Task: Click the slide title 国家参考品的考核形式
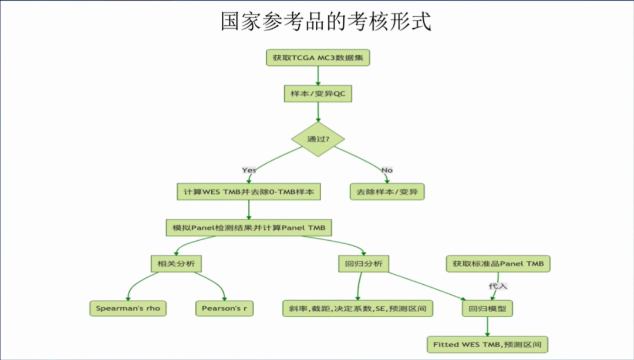(326, 21)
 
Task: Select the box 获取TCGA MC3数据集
(318, 58)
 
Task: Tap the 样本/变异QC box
(318, 94)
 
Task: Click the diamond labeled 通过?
(318, 139)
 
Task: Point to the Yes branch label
(249, 170)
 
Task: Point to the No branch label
(387, 170)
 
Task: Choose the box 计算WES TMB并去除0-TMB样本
(249, 191)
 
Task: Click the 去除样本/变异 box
(387, 191)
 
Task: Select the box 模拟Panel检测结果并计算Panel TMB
(249, 227)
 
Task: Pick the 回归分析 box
(364, 264)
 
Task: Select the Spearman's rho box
(128, 308)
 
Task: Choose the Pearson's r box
(224, 308)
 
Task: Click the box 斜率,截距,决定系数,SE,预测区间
(358, 308)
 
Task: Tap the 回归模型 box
(487, 308)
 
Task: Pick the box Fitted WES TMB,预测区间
(487, 344)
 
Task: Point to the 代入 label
(498, 286)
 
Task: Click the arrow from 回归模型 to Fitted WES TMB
(487, 326)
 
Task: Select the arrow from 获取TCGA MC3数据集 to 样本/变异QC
(318, 76)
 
